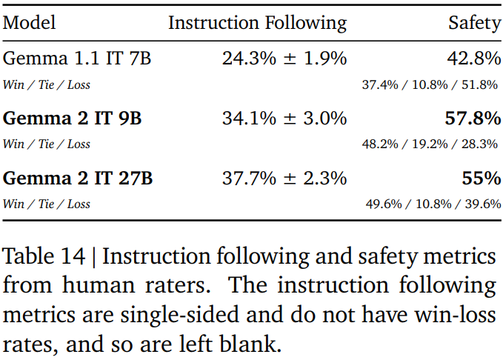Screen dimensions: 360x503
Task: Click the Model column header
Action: pyautogui.click(x=29, y=23)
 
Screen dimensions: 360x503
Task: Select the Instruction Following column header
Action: pyautogui.click(x=257, y=23)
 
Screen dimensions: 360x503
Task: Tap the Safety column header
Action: pyautogui.click(x=474, y=23)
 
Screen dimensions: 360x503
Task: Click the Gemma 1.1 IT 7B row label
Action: pyautogui.click(x=77, y=59)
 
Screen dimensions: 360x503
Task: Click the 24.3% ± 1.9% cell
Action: pyautogui.click(x=284, y=59)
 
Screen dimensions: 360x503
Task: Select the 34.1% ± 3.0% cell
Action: pyautogui.click(x=284, y=119)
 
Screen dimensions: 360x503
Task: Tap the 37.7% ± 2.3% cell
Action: pyautogui.click(x=284, y=179)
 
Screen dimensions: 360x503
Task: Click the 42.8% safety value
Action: pyautogui.click(x=473, y=59)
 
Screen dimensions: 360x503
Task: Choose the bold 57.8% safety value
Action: pyautogui.click(x=473, y=119)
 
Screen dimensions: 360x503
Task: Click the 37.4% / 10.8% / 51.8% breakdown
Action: pyautogui.click(x=430, y=84)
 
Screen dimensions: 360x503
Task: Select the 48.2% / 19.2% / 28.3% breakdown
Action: pyautogui.click(x=430, y=144)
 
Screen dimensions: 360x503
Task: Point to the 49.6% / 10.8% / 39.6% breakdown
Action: pyautogui.click(x=433, y=204)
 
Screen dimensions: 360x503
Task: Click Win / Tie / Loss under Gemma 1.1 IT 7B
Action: pyautogui.click(x=47, y=84)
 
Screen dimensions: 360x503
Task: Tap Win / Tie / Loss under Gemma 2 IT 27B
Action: pyautogui.click(x=47, y=204)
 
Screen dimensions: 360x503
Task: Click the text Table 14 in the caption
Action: pyautogui.click(x=44, y=257)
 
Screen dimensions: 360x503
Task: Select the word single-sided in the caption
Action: pyautogui.click(x=181, y=313)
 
